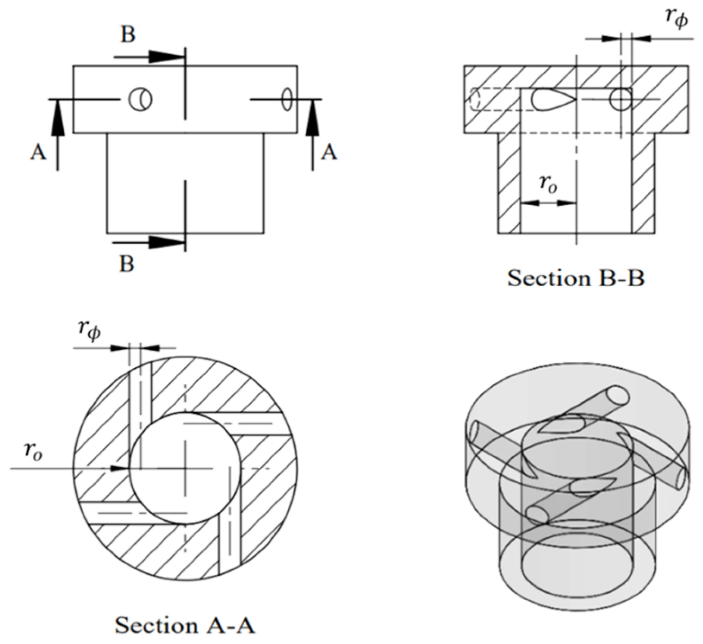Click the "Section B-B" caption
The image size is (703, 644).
tap(576, 279)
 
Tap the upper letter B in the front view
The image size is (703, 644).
tap(128, 35)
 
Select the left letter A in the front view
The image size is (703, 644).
tap(38, 153)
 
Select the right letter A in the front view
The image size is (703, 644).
tap(329, 153)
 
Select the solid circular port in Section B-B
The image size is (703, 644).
tap(620, 99)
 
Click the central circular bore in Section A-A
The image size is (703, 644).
tap(185, 468)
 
